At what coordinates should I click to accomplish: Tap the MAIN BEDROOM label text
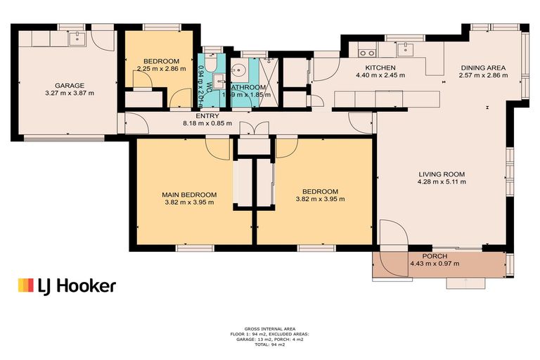click(x=189, y=194)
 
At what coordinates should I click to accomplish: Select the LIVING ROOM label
click(x=442, y=174)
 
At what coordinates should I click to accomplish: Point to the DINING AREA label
click(x=482, y=68)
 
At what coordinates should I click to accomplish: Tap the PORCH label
click(x=435, y=256)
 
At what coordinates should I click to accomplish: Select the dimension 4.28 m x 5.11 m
click(x=442, y=182)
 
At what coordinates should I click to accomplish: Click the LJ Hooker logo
click(x=67, y=285)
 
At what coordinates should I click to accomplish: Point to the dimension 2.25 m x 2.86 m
click(x=161, y=69)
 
